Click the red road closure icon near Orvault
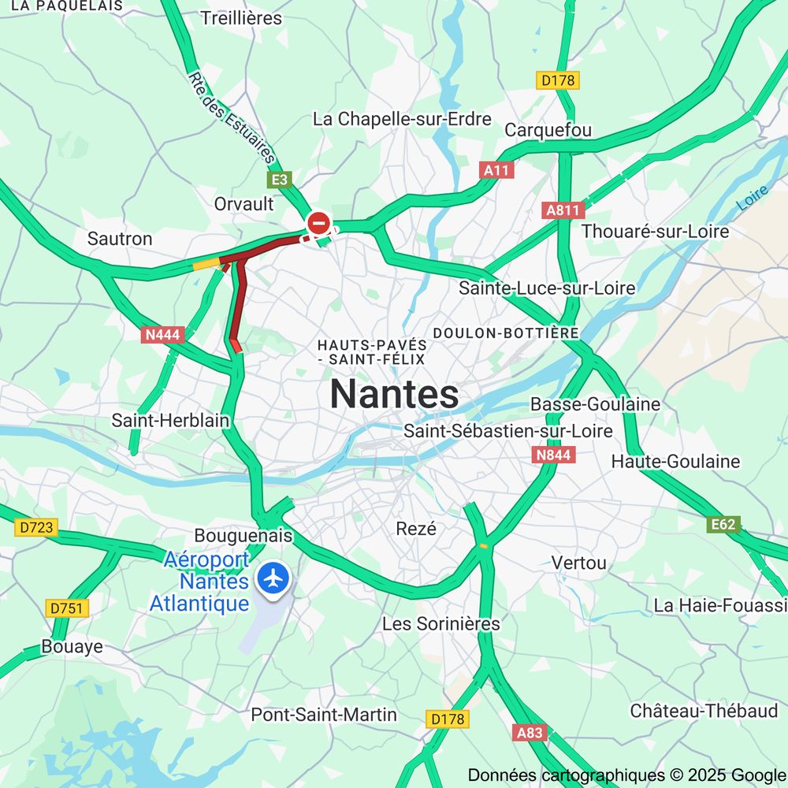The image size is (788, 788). coord(319,223)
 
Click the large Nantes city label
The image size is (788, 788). coord(394,393)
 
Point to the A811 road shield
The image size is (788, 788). coord(563,210)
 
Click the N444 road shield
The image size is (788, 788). coord(163,335)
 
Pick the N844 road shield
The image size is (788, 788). coord(554,455)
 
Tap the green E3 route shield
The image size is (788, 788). coord(280,180)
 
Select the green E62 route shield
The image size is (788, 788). coord(723,524)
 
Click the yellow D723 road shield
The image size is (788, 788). coord(36,528)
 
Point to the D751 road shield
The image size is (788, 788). coord(68,608)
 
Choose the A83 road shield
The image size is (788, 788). coord(530,732)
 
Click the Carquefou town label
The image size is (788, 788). coord(548,130)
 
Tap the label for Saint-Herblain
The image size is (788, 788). coord(170,420)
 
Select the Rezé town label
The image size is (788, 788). coord(416,529)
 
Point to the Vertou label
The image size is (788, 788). coord(579,563)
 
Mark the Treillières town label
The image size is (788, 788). coord(241,17)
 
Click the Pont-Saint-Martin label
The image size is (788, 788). coord(324,715)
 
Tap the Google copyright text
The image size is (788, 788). coord(626,775)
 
